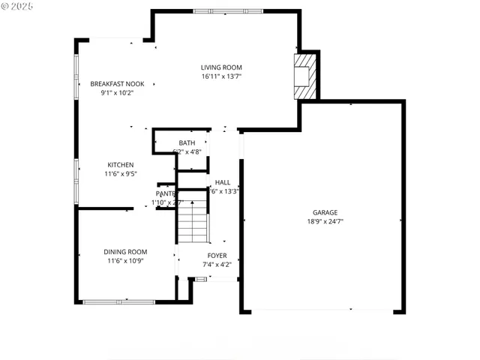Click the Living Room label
tap(221, 67)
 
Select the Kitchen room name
tap(120, 165)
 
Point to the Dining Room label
tap(125, 252)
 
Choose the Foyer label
tap(217, 256)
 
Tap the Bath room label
tap(187, 142)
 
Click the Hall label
tap(223, 182)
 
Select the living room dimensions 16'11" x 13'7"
tap(221, 76)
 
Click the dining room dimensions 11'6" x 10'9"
tap(125, 261)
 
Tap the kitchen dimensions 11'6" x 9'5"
tap(120, 174)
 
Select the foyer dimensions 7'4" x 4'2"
tap(217, 264)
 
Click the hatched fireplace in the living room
tap(305, 75)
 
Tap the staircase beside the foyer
tap(192, 217)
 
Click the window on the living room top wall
tap(227, 10)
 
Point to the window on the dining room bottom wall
tap(108, 301)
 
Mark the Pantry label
tap(166, 194)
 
